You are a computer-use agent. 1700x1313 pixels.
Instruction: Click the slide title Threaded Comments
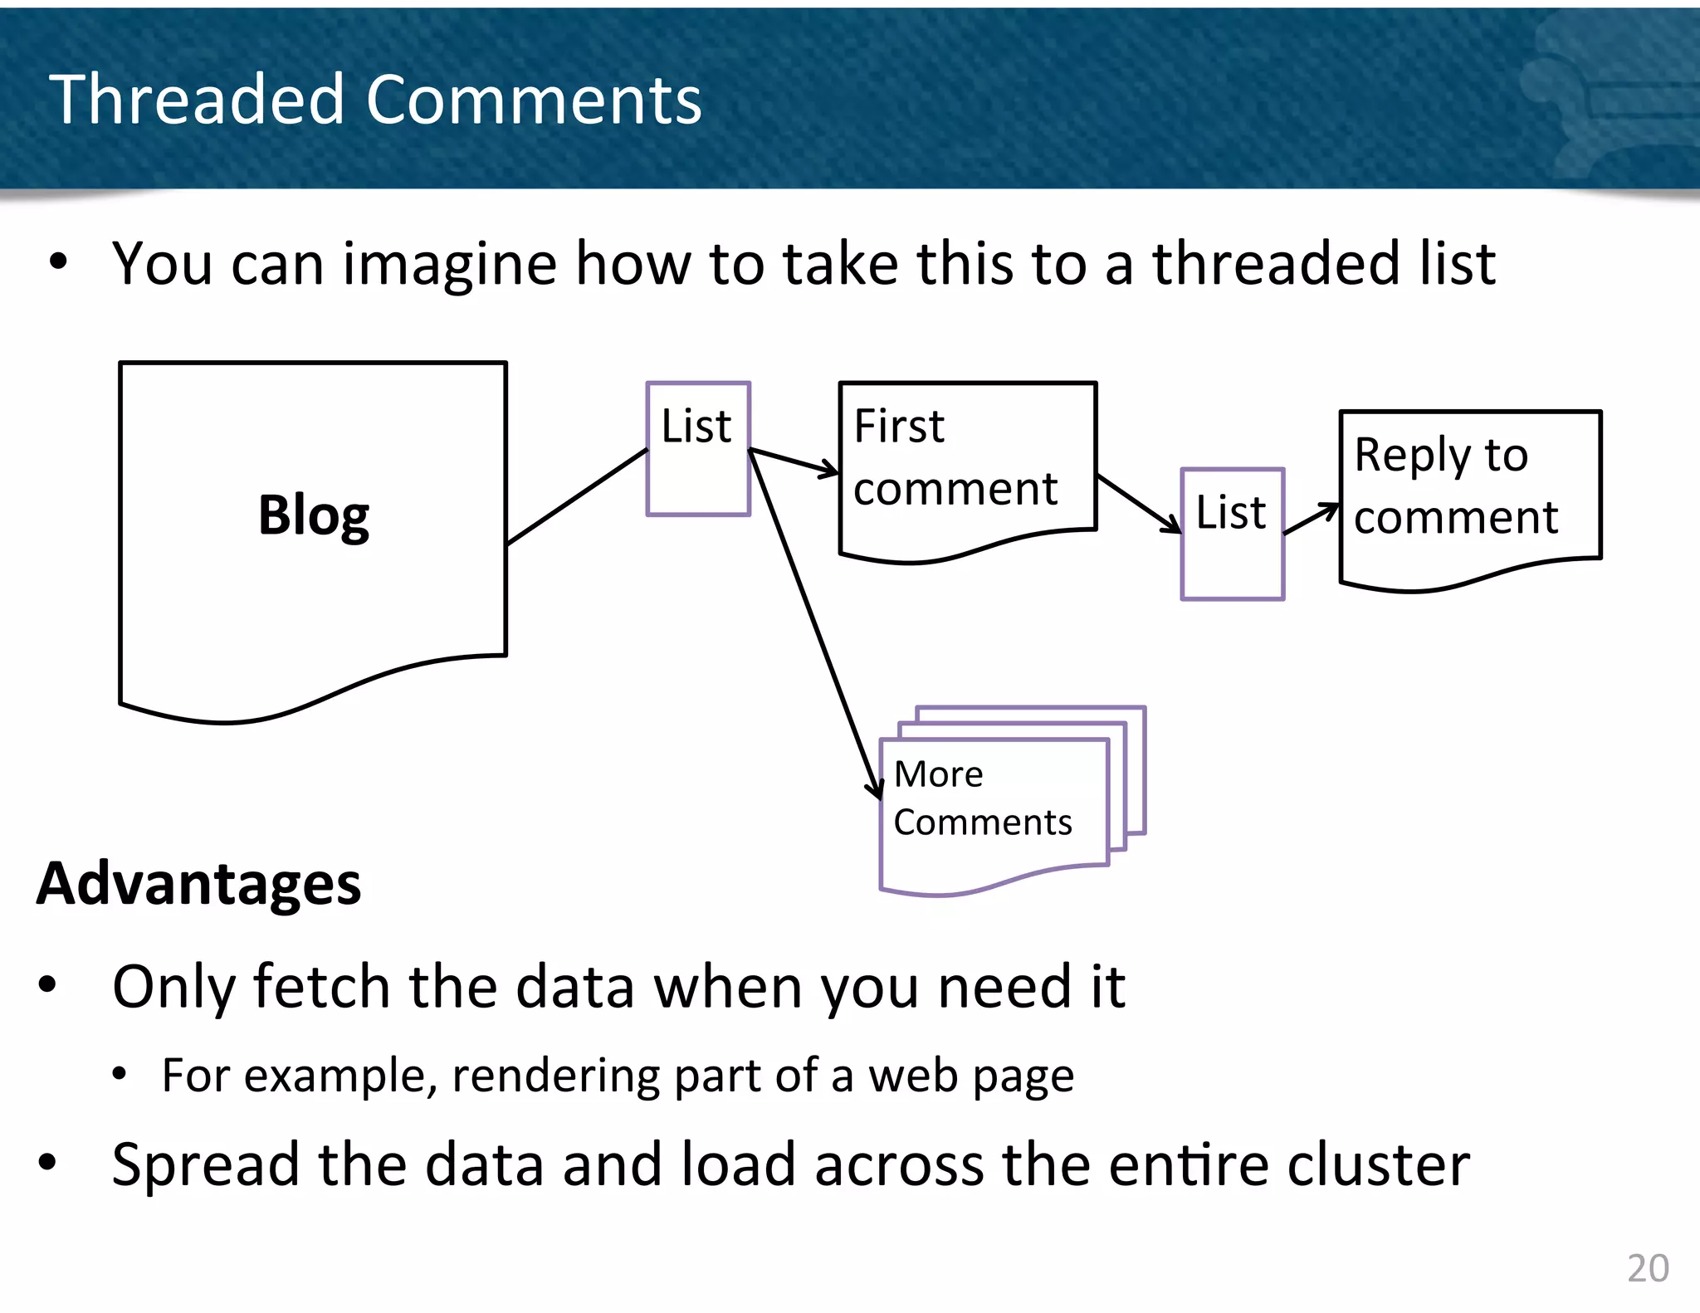[x=375, y=100]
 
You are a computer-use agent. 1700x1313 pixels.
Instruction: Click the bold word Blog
[x=313, y=515]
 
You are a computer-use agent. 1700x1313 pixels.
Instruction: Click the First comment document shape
[x=967, y=465]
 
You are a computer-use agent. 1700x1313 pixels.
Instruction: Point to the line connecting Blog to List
[x=577, y=496]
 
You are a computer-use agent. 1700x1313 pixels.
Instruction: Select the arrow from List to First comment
[x=793, y=461]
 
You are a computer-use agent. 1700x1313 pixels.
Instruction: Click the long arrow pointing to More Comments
[x=813, y=622]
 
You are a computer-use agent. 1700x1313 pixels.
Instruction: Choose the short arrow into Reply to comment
[x=1312, y=519]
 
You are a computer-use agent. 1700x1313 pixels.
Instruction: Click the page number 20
[x=1647, y=1268]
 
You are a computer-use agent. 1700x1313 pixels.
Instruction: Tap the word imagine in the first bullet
[x=449, y=264]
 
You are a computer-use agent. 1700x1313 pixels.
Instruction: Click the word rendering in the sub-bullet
[x=554, y=1076]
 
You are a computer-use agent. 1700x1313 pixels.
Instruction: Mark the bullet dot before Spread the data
[x=47, y=1163]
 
